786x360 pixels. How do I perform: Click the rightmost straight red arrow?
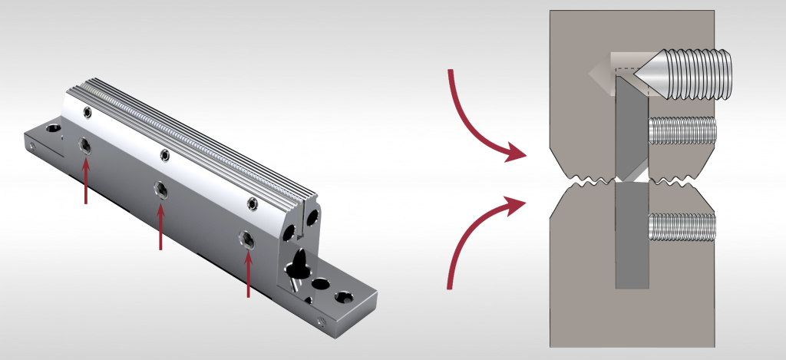pos(249,272)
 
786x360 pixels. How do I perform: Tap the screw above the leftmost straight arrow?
pos(86,145)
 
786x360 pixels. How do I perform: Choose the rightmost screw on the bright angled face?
pos(253,203)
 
